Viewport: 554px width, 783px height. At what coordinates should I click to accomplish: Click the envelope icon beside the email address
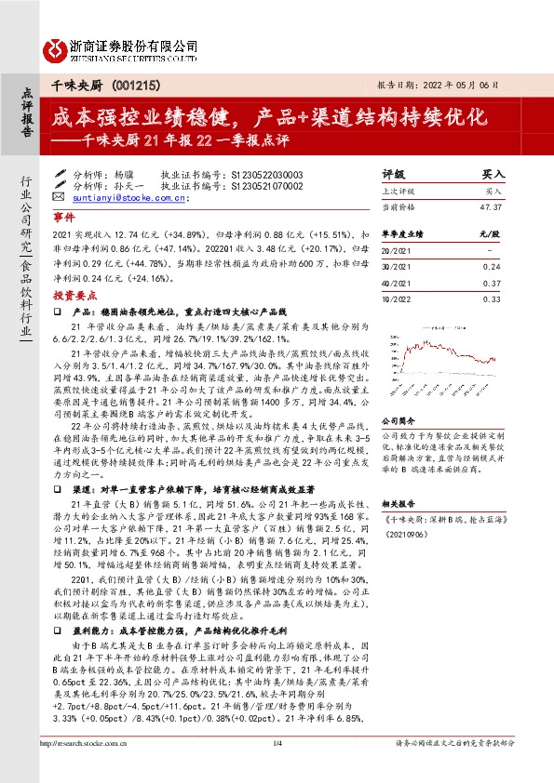(59, 197)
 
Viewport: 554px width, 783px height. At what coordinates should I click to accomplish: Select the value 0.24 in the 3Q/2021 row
(492, 264)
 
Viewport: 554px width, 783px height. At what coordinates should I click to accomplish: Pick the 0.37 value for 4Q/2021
(492, 283)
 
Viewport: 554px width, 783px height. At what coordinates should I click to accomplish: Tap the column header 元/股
(490, 232)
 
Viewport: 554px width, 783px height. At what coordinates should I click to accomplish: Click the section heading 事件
(63, 215)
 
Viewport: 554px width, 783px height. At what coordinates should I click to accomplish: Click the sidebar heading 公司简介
(401, 394)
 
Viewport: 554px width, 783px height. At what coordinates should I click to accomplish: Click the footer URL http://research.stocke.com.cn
(88, 768)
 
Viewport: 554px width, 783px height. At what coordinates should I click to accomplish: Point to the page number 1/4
(277, 768)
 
